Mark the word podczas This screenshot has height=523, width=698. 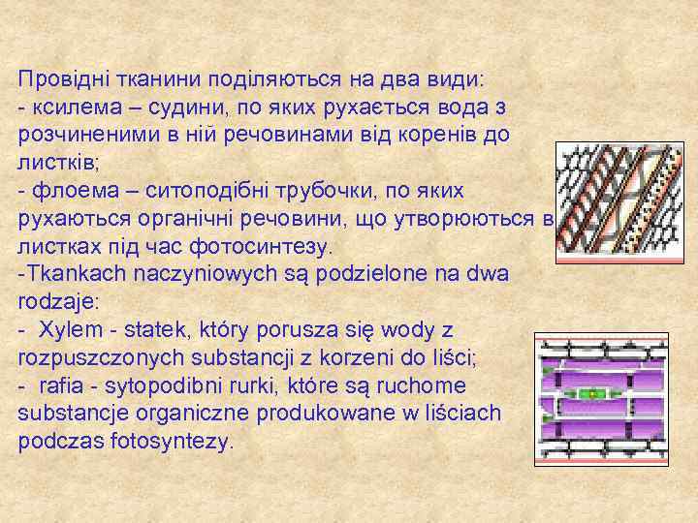[x=57, y=441]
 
